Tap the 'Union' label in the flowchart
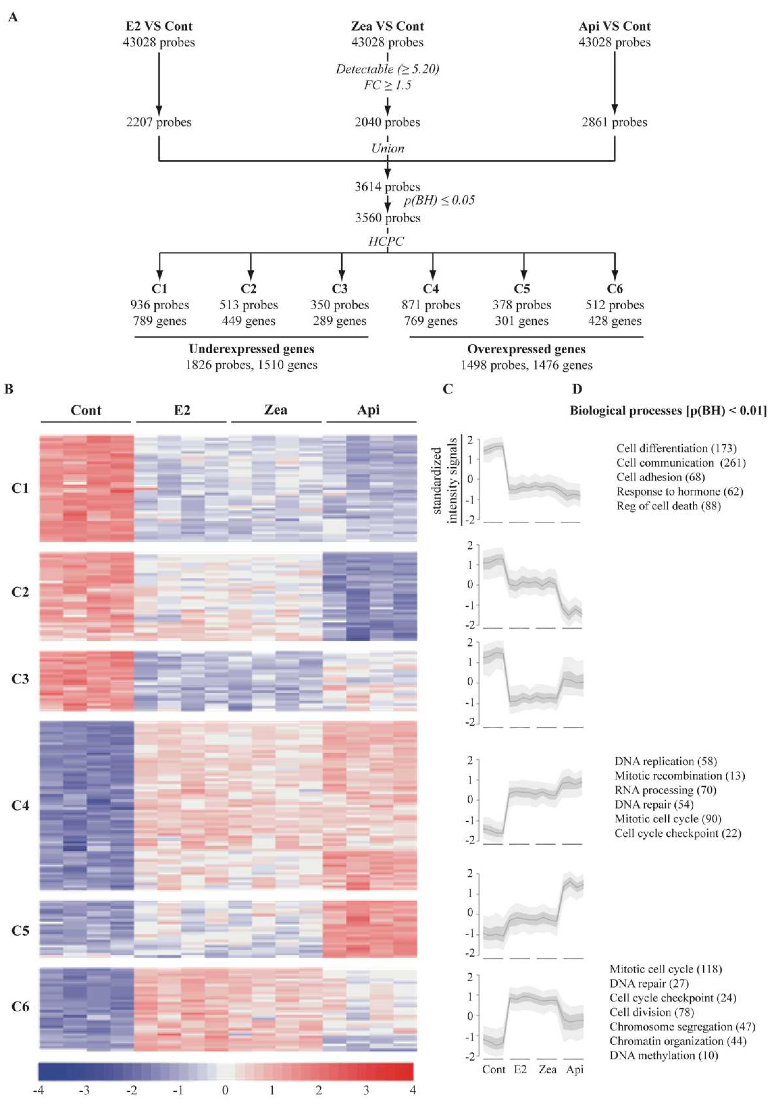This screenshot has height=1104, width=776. click(388, 148)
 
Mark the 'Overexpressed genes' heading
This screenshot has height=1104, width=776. click(526, 349)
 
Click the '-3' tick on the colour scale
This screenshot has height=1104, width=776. click(85, 1089)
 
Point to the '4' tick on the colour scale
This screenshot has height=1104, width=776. click(412, 1089)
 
